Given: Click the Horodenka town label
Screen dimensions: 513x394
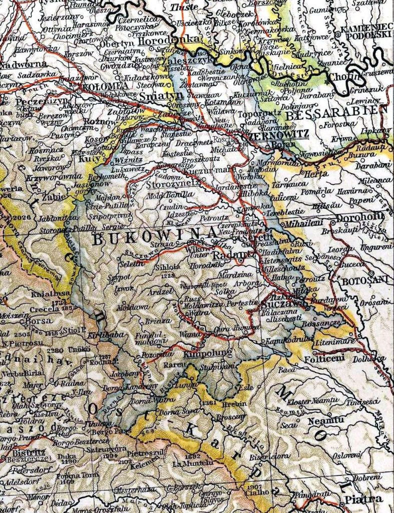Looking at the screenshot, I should [165, 41].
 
